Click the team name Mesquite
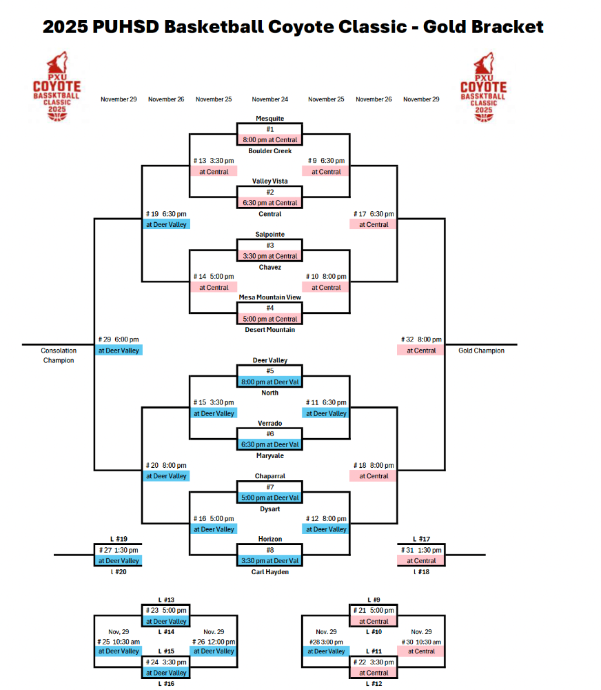click(269, 119)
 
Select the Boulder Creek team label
click(269, 150)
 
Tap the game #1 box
click(269, 129)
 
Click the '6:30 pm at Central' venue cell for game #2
click(269, 203)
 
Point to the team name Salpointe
click(269, 235)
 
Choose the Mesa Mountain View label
click(269, 297)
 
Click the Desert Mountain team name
click(269, 330)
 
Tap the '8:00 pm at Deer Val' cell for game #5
click(269, 382)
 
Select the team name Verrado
click(269, 423)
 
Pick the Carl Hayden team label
click(269, 571)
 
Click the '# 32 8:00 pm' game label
click(421, 339)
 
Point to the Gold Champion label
click(481, 351)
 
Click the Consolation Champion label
click(57, 355)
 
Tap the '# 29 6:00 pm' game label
click(119, 339)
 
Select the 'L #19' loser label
click(119, 539)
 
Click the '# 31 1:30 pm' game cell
click(421, 550)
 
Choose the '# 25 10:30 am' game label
click(119, 641)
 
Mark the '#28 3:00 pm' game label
click(326, 641)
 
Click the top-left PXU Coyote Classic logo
click(57, 86)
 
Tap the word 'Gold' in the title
click(447, 27)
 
